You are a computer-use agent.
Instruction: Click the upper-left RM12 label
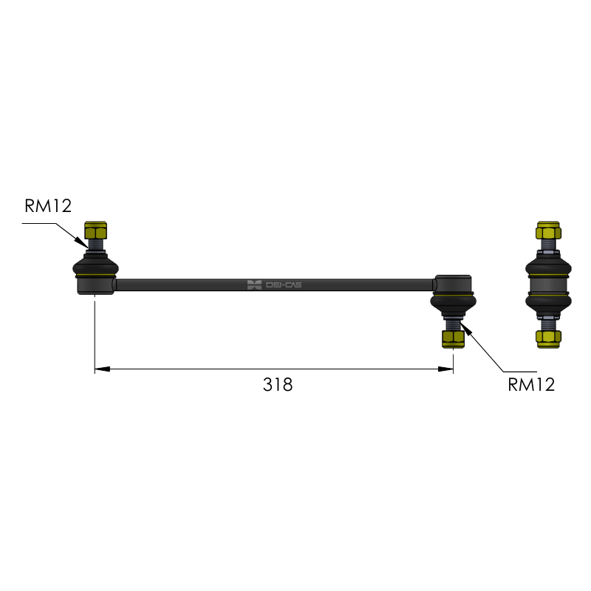pyautogui.click(x=48, y=206)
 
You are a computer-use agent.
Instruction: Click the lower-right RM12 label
pyautogui.click(x=531, y=385)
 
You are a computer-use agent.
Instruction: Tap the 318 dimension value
pyautogui.click(x=278, y=385)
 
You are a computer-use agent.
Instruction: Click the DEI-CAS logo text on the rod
pyautogui.click(x=284, y=285)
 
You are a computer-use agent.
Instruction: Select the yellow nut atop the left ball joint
pyautogui.click(x=96, y=230)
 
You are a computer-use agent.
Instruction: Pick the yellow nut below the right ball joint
pyautogui.click(x=454, y=339)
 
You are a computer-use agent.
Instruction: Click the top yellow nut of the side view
pyautogui.click(x=548, y=230)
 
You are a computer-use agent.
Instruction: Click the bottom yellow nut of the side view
pyautogui.click(x=548, y=339)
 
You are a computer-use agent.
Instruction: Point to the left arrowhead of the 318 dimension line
pyautogui.click(x=102, y=369)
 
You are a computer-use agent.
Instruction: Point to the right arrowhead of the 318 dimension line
pyautogui.click(x=445, y=369)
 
